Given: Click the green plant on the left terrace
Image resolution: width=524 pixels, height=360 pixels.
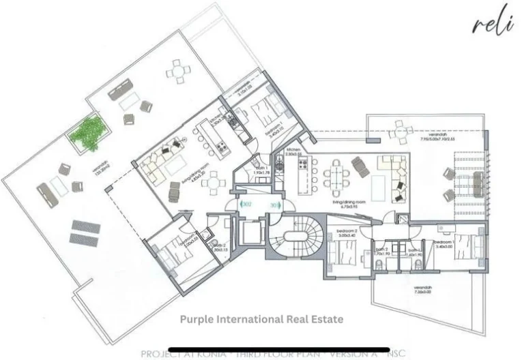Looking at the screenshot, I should [87, 130].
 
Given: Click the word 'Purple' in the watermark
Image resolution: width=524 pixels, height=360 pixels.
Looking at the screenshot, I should [198, 318].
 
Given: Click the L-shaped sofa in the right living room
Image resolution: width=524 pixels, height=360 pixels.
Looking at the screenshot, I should [395, 170].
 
